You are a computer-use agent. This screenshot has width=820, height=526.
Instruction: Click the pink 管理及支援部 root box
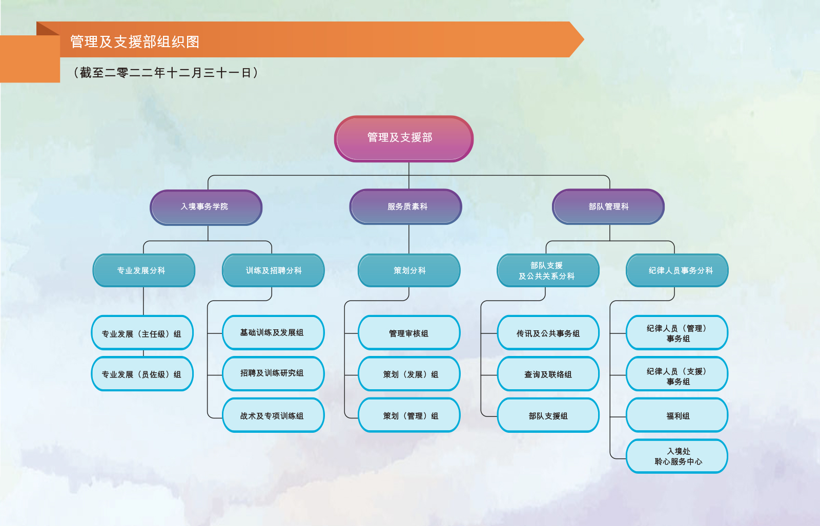tap(404, 139)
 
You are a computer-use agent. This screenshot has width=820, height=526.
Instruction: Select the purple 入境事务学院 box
tap(206, 207)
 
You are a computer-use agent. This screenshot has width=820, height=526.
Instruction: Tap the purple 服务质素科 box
tap(405, 207)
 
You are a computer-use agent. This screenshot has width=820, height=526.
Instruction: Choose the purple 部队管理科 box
tap(608, 207)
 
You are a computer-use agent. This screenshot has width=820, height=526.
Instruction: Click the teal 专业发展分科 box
tap(144, 270)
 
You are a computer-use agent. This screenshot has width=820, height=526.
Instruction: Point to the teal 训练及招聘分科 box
tap(273, 270)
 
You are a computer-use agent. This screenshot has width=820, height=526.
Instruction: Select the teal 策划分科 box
tap(409, 270)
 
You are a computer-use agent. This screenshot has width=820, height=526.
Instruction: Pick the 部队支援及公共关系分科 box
tap(548, 270)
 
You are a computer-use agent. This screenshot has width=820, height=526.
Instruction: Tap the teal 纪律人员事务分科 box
tap(677, 270)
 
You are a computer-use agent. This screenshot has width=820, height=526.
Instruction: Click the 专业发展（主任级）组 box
tap(142, 333)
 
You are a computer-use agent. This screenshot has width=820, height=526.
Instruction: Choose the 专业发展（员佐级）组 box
tap(142, 374)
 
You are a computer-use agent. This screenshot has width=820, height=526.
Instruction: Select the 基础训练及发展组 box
tap(273, 333)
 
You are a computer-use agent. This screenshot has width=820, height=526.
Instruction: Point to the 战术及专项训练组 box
tap(273, 415)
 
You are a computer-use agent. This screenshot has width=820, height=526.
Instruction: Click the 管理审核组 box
tap(409, 333)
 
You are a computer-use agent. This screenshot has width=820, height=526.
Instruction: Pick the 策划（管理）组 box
tap(409, 415)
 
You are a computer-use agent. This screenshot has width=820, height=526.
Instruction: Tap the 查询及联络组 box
tap(548, 374)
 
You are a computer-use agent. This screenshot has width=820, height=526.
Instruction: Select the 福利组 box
tap(677, 415)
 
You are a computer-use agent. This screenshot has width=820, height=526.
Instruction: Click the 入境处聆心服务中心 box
tap(677, 456)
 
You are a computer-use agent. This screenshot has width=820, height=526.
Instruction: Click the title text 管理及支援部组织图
tap(135, 41)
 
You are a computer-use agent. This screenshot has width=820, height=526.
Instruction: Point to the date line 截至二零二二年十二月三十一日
tap(166, 72)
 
